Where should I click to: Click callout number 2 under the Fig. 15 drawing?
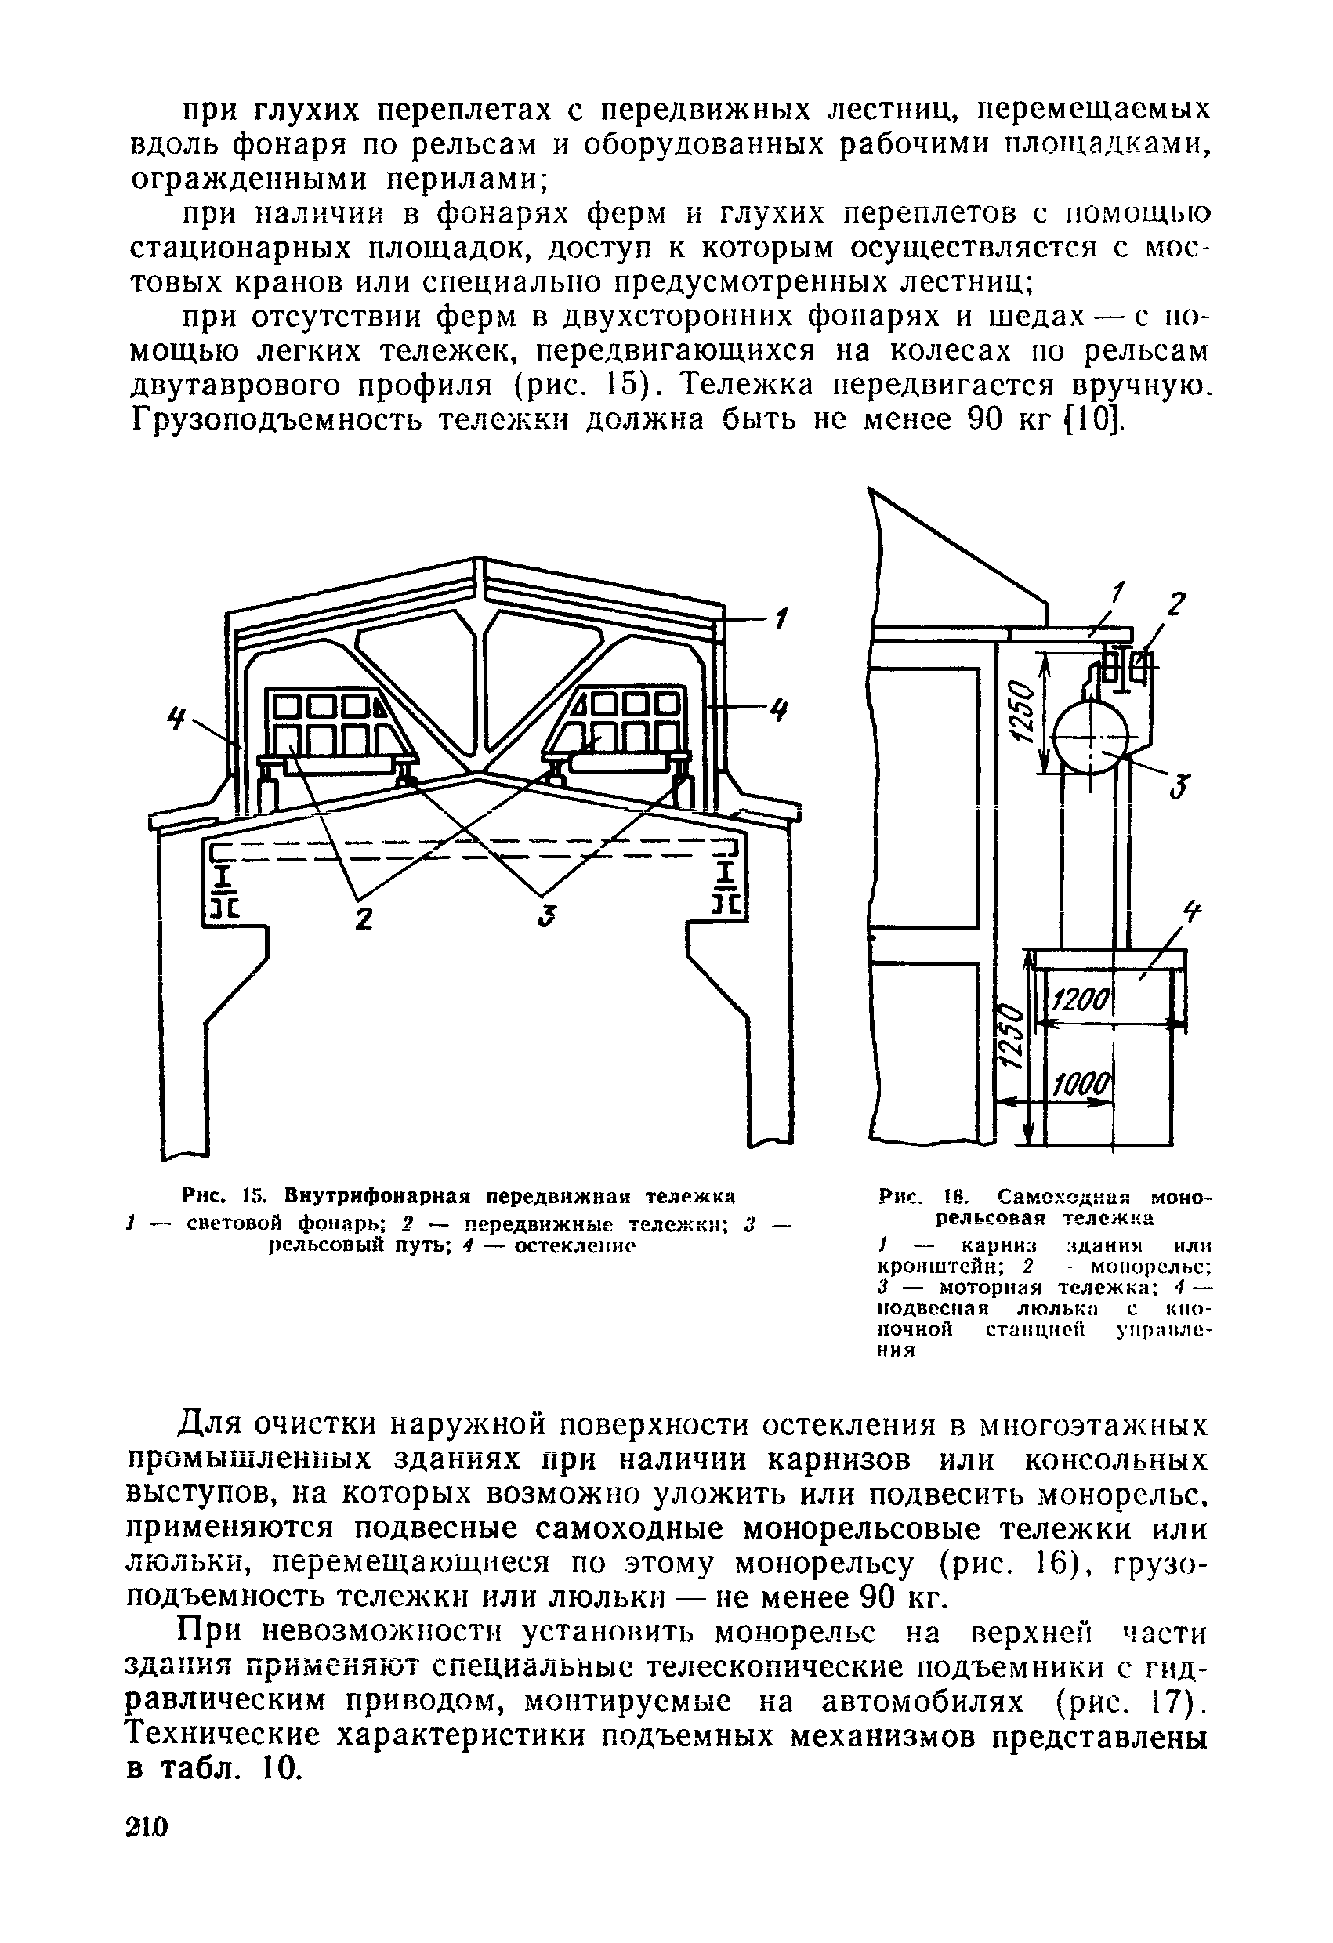tap(363, 917)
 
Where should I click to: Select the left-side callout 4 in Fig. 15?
tap(176, 716)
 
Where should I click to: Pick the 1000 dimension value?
tap(1081, 1087)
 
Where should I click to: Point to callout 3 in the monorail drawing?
tap(1181, 788)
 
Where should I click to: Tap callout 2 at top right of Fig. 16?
tap(1176, 603)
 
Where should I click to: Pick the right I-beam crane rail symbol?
tap(728, 889)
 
